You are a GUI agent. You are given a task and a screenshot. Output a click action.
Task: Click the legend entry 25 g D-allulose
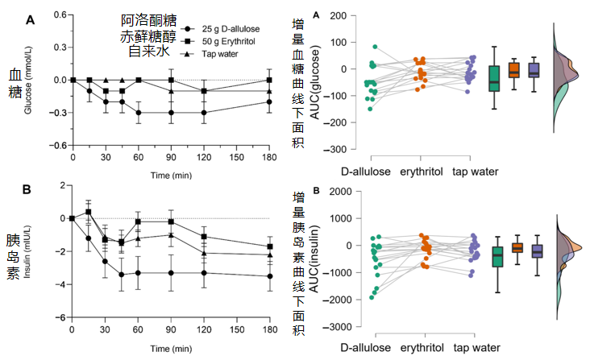coord(221,29)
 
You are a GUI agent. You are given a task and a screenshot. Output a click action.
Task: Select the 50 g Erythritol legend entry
coord(218,41)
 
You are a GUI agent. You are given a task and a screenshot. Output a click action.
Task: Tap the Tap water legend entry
coord(210,54)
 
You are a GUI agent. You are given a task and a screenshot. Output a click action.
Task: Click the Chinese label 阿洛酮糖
coord(148,20)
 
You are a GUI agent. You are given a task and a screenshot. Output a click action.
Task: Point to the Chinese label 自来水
coord(148,51)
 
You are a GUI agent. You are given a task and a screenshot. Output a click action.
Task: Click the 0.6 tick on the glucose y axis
coord(60,14)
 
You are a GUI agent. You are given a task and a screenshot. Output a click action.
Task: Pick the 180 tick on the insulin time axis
coord(270,329)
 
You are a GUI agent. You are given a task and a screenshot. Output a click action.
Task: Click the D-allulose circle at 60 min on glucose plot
coord(139,113)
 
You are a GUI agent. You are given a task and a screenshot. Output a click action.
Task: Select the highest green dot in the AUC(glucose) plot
coord(375,47)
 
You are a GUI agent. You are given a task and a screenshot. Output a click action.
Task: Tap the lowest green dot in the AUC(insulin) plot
coord(372,297)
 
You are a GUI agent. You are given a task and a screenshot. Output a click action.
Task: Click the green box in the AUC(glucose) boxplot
coord(494,79)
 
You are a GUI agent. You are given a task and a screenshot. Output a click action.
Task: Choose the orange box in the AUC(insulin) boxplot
coord(517,247)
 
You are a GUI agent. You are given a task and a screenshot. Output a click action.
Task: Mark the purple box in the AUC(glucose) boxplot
coord(534,70)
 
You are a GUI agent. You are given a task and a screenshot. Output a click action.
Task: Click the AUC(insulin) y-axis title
coord(314,259)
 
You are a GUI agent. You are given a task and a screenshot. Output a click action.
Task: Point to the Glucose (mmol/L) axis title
coord(28,80)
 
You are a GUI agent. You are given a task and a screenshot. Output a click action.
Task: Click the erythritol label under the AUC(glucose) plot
coord(422,172)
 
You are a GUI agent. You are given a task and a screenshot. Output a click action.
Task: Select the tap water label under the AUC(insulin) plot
coord(476,348)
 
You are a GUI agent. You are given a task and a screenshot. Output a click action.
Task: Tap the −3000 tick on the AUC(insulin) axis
coord(337,326)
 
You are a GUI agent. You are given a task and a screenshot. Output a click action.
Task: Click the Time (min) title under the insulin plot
coord(171,349)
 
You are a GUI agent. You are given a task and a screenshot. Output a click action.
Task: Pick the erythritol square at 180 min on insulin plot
coord(270,246)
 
